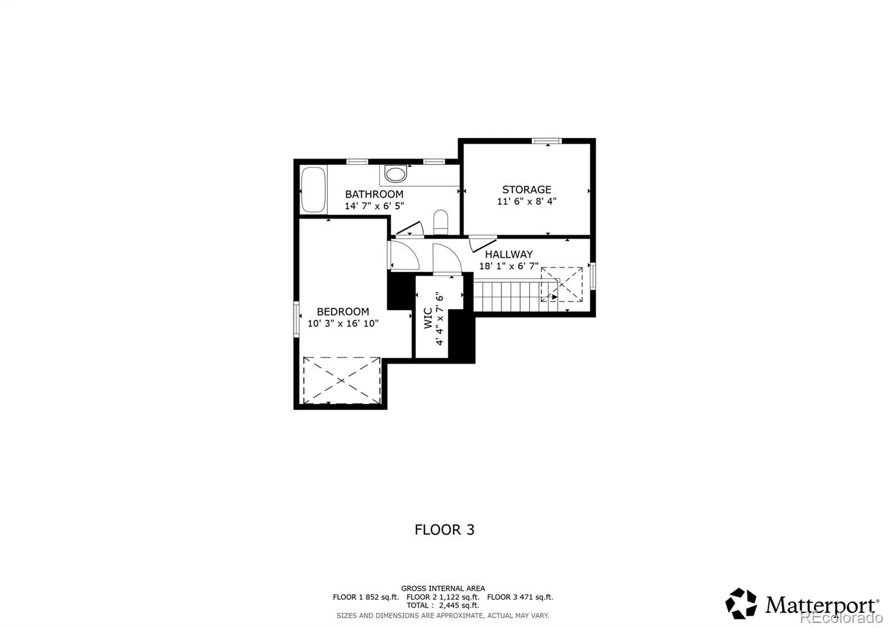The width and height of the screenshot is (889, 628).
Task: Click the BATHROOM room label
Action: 374,194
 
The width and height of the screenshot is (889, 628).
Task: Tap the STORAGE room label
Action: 527,190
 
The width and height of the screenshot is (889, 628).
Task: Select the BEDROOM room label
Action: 343,312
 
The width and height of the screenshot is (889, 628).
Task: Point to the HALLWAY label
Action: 509,254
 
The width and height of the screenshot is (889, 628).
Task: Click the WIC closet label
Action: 428,318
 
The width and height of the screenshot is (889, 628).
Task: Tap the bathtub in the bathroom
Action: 313,190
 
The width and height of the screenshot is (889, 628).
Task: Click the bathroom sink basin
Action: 395,175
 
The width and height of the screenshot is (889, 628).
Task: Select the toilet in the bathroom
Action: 441,222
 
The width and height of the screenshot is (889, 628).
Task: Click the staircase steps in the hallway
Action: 516,296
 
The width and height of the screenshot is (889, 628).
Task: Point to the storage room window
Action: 547,141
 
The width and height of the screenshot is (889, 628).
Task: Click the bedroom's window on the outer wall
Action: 296,319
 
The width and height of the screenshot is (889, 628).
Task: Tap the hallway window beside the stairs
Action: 593,276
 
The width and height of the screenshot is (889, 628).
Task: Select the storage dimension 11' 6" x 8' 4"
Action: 527,201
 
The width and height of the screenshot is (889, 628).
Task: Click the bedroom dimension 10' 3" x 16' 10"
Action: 343,323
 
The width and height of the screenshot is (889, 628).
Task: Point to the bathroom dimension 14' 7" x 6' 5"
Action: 374,206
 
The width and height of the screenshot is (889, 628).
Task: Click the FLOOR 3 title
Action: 444,530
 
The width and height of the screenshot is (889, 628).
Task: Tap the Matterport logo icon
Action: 741,604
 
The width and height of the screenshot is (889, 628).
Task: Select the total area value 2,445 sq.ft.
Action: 459,605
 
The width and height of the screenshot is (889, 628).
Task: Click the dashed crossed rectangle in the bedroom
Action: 342,380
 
